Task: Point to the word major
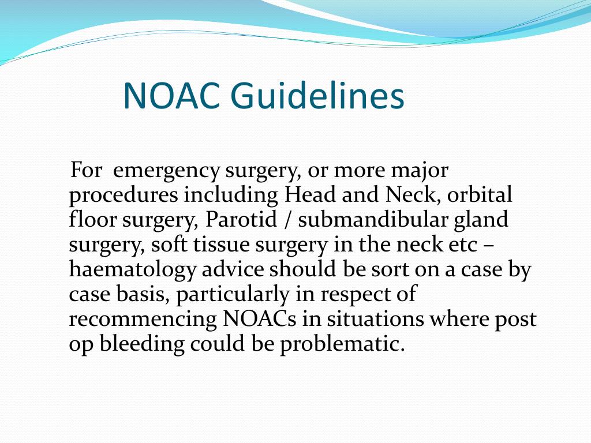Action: pos(420,171)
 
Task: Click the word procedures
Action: pos(124,196)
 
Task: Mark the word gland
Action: pos(481,220)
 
